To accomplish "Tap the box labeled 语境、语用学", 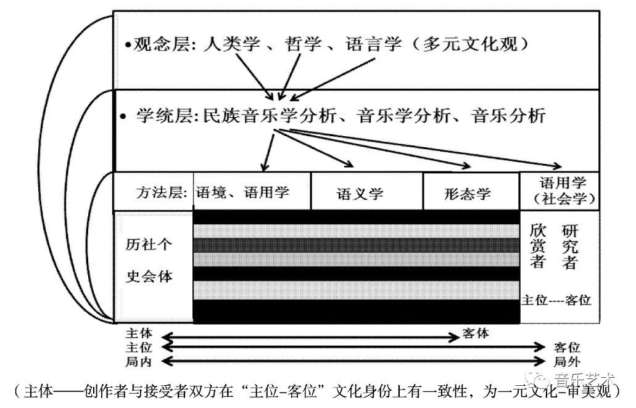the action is pos(243,192).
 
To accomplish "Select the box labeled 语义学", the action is pos(360,194).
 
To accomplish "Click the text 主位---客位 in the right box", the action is pos(556,300).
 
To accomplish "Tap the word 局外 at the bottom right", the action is pos(567,361).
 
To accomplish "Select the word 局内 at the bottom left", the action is pos(138,361).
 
